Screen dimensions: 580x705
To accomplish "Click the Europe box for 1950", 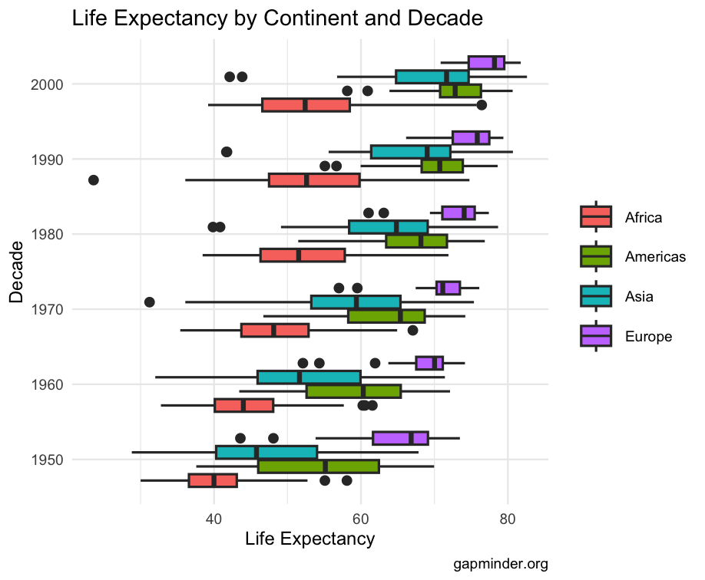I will point(400,438).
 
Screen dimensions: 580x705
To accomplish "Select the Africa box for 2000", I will point(306,105).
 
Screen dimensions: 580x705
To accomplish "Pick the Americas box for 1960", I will point(353,391).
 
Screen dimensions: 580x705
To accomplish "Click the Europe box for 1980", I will point(458,213).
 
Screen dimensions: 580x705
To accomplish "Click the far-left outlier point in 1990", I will point(94,180).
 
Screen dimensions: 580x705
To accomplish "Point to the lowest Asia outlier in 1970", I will point(150,302).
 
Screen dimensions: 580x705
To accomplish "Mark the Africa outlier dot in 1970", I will point(412,331).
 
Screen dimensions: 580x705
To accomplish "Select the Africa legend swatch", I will point(596,217).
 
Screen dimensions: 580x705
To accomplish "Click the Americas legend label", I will point(655,257).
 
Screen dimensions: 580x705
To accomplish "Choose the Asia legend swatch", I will point(596,296).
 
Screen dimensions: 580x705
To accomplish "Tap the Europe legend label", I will point(648,336).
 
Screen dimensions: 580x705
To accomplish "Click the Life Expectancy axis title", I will point(309,539).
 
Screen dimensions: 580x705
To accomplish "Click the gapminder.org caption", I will point(500,565).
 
